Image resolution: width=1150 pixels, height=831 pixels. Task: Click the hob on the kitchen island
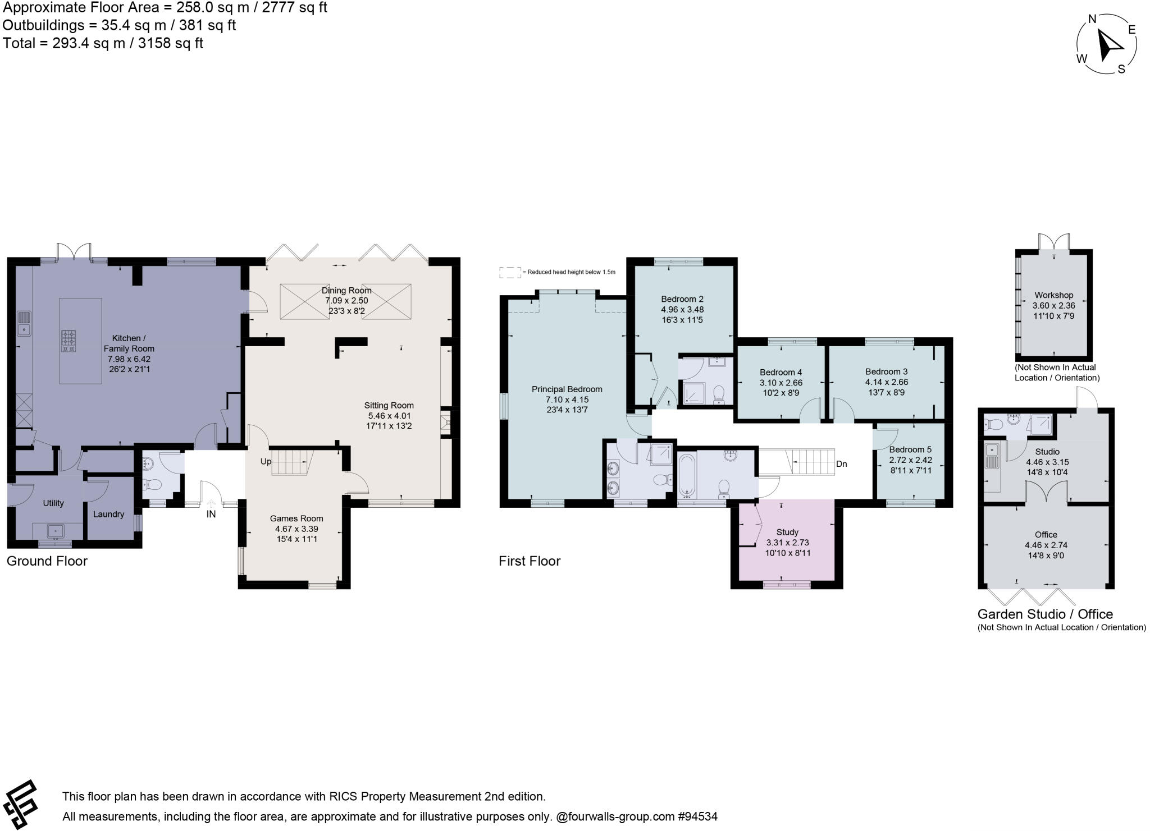point(69,341)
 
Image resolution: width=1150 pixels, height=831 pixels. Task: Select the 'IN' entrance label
point(211,513)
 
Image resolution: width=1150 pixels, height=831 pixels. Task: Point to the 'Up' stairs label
point(266,461)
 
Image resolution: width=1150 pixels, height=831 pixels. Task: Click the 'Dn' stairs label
point(841,464)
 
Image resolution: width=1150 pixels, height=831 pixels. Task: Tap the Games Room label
point(296,518)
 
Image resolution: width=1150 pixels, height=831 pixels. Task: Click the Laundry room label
point(108,514)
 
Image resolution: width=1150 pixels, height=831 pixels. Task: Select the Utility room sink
point(55,530)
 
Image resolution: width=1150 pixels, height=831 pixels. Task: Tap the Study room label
point(787,532)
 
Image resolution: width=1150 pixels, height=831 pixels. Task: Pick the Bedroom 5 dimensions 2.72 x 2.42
point(910,460)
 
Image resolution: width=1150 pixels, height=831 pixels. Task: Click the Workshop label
point(1054,295)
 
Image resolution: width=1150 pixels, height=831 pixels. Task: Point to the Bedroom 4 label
point(781,372)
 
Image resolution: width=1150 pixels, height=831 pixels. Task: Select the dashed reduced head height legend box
point(509,273)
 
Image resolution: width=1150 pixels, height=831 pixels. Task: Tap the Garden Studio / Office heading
point(1045,614)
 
